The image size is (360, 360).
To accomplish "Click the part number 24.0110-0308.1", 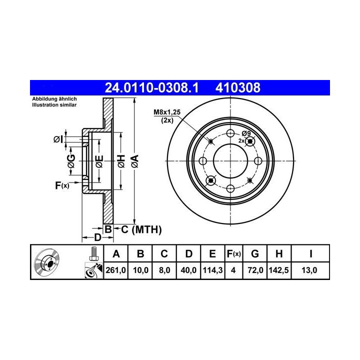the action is (151, 87).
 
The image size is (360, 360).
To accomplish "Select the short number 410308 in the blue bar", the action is (238, 87).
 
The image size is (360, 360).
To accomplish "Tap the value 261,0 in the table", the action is (115, 270).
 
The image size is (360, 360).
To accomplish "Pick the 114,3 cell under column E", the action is (212, 270).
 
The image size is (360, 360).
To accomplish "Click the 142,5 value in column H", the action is (278, 270).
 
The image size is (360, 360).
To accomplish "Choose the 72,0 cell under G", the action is (255, 270).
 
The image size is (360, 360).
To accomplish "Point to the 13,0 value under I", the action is (309, 270).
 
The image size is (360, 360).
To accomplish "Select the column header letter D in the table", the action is (188, 254).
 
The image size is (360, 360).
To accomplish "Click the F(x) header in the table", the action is (233, 254).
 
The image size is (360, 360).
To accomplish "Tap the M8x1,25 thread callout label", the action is (167, 112).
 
